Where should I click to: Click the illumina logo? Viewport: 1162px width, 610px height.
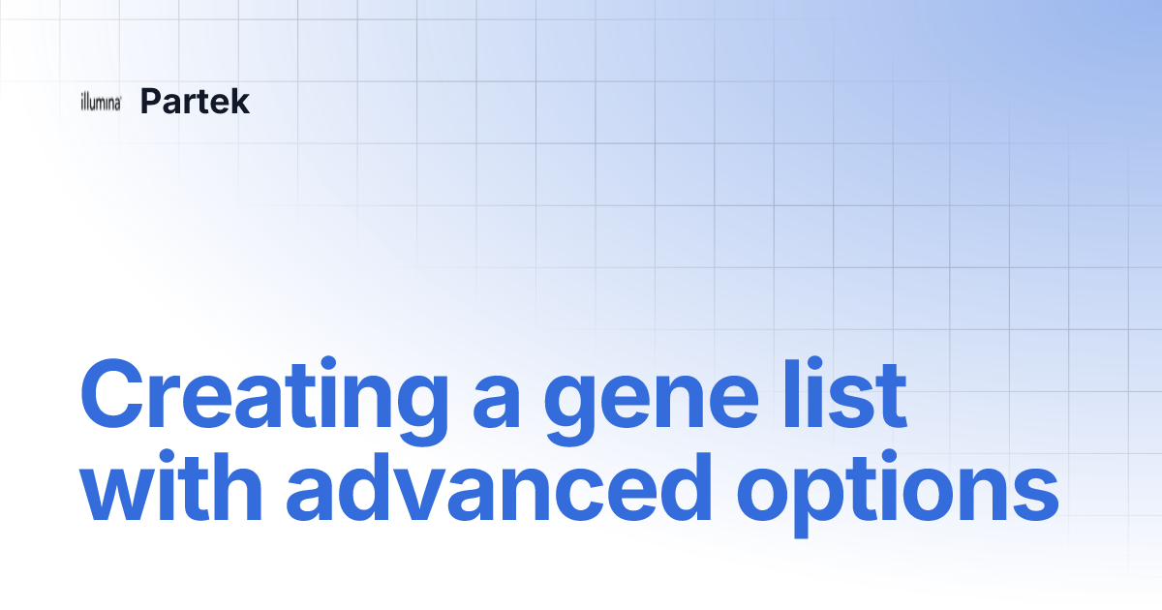tap(101, 103)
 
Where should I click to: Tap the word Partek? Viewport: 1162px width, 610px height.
tap(195, 102)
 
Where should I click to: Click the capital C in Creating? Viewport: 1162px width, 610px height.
tap(112, 397)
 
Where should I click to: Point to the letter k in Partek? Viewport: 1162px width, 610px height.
tap(239, 102)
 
